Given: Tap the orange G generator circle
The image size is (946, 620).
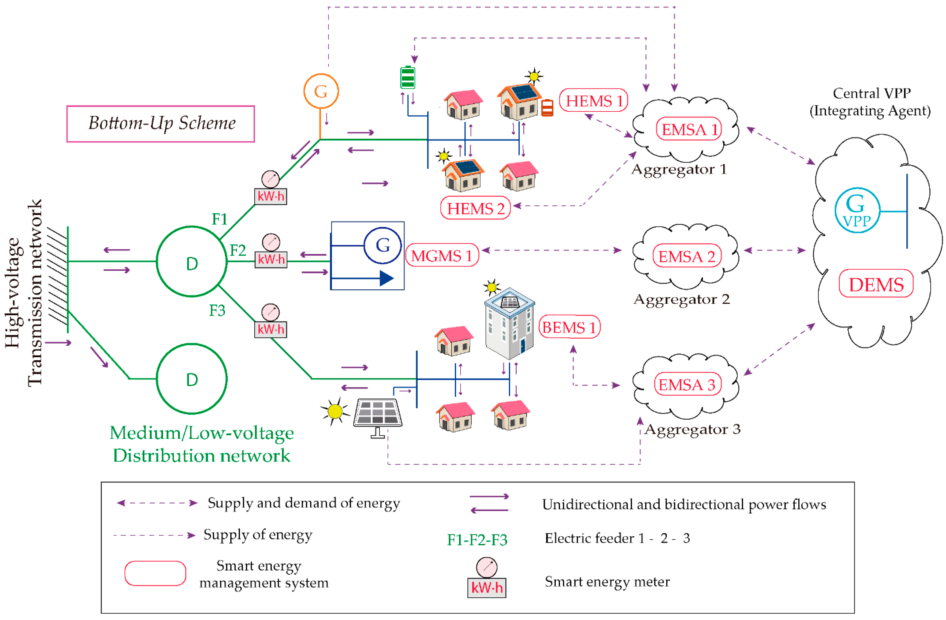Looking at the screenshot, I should (x=321, y=91).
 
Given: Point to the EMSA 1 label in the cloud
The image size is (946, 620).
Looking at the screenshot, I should (x=689, y=129).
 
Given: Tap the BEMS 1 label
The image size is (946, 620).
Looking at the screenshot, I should (x=569, y=327).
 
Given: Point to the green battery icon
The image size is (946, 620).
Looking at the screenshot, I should (x=408, y=78).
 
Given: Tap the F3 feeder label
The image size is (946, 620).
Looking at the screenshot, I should (x=217, y=310).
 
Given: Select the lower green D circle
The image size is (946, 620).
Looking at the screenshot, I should (x=192, y=379).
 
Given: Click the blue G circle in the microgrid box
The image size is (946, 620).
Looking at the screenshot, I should (x=382, y=245).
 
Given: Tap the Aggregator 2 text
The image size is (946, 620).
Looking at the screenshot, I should (x=681, y=299).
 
